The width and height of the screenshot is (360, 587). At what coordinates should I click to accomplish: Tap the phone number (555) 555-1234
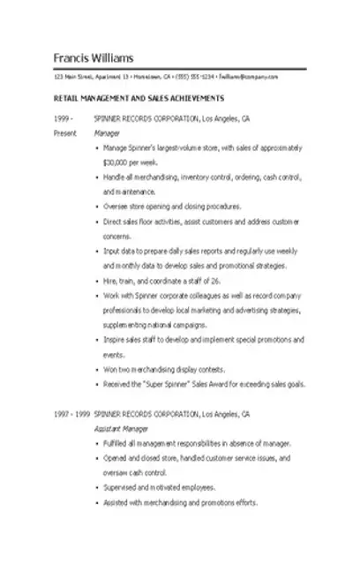(x=194, y=77)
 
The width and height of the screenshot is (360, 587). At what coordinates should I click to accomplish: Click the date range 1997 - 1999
(x=71, y=413)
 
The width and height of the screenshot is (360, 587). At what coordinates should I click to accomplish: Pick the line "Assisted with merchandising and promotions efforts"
(x=180, y=502)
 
